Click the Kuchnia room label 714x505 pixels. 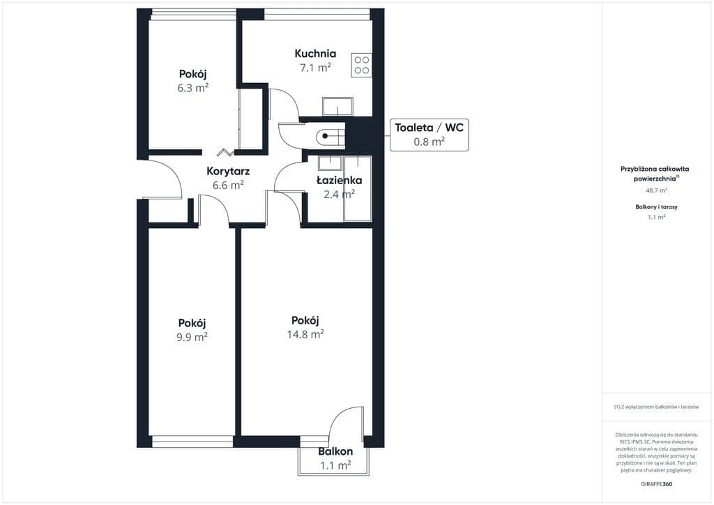tap(315, 53)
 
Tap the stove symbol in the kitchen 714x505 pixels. tap(362, 65)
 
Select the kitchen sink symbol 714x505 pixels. tap(337, 107)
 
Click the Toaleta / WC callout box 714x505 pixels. tap(429, 135)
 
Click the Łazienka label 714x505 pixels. tap(340, 181)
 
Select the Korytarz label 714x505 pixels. tap(228, 172)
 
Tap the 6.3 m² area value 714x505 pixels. tap(193, 88)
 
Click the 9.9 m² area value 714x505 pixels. tap(192, 337)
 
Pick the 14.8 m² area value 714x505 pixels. tap(305, 334)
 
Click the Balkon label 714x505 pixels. tap(335, 452)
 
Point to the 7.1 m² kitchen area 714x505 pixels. tap(315, 68)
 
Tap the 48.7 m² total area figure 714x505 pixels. tap(657, 190)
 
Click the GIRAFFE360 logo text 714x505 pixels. tap(656, 484)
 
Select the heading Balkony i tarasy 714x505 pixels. tap(656, 206)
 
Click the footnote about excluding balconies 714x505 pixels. tap(656, 407)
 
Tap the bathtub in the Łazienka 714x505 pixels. tap(358, 188)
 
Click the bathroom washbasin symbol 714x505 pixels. tap(330, 163)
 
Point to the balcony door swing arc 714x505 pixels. tap(342, 415)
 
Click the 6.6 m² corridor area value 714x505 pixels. tap(228, 186)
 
